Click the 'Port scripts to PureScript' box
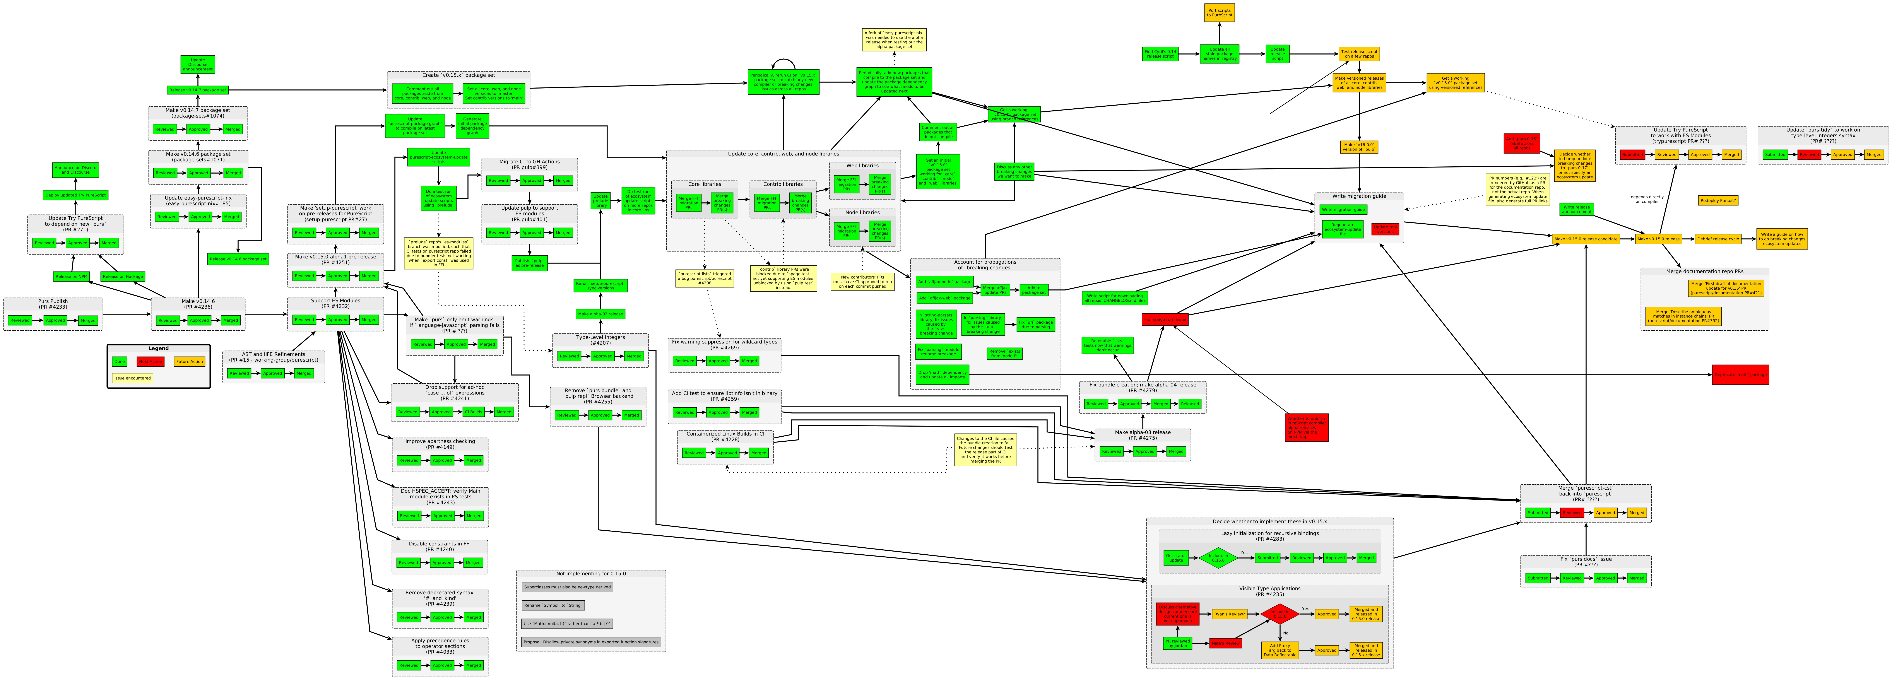click(1219, 12)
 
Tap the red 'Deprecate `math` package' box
click(1740, 374)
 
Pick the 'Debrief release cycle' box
click(1717, 239)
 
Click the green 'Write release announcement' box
click(1576, 209)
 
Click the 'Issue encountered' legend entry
click(132, 378)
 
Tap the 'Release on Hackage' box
click(123, 277)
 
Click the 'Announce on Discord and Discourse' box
click(76, 170)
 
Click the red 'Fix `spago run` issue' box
click(1165, 319)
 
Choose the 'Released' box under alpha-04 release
click(1189, 404)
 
